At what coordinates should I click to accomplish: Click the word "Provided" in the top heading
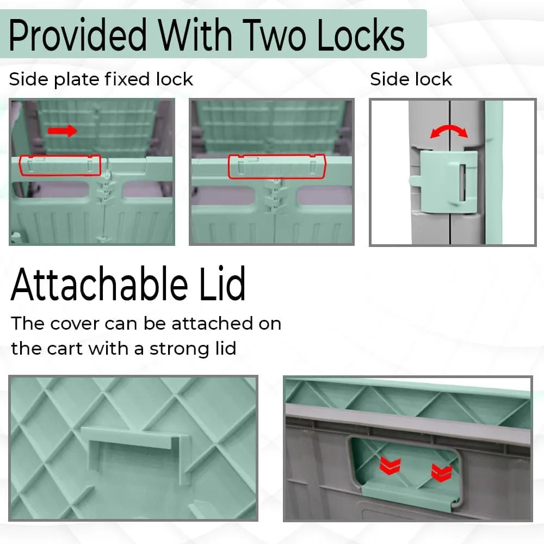point(78,35)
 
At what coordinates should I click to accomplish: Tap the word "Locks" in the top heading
point(361,35)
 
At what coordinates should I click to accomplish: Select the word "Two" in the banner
point(274,35)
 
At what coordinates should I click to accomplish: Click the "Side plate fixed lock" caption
point(101,79)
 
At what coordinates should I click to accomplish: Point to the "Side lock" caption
point(411,79)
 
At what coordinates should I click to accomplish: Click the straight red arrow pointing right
point(62,131)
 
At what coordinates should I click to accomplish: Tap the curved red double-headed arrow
point(449,131)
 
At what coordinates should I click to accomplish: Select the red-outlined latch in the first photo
point(60,165)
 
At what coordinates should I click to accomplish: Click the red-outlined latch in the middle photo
point(277,166)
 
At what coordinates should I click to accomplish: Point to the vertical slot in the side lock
point(462,182)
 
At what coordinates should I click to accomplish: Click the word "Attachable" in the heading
point(99,284)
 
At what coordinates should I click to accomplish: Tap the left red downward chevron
point(390,465)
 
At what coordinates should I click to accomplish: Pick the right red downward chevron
point(441,473)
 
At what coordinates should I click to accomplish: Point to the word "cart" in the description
point(65,349)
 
